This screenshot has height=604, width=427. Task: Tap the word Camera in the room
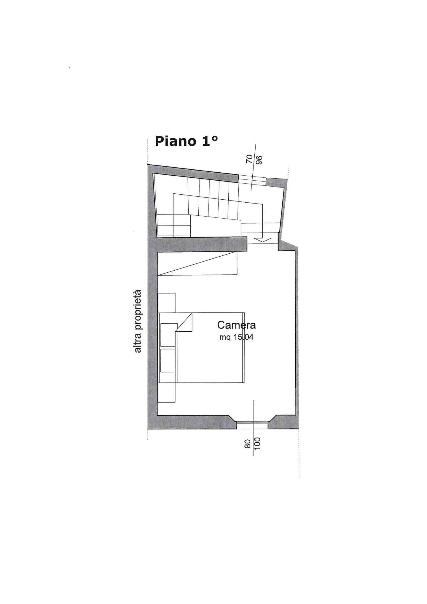(236, 325)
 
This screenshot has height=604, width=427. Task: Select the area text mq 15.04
(236, 337)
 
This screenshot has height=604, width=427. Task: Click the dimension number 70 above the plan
(249, 159)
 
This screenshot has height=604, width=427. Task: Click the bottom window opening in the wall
(252, 425)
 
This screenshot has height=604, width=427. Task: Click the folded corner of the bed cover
(184, 322)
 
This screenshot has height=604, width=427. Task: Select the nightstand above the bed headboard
(166, 303)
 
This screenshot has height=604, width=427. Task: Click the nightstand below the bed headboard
(166, 392)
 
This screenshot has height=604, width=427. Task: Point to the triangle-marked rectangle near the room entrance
(197, 263)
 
